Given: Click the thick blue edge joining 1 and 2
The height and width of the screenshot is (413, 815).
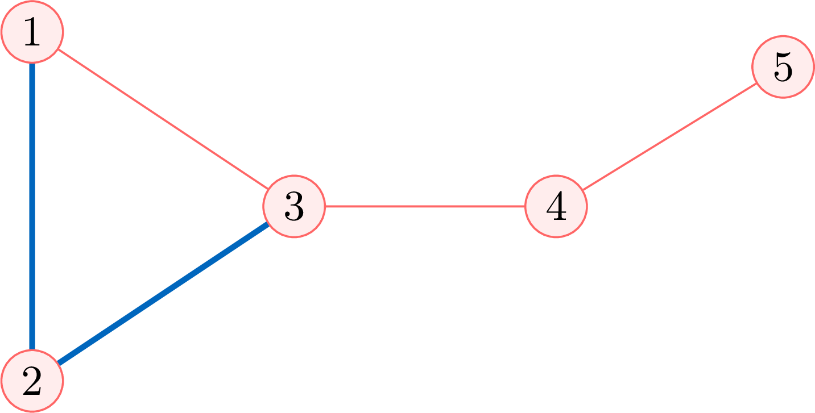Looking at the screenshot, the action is (32, 207).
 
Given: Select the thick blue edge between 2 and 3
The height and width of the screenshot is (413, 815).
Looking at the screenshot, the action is (163, 294).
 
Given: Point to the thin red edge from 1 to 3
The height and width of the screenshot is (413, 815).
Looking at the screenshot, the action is (163, 119).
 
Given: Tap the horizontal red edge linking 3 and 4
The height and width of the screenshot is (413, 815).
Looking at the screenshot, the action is (425, 207).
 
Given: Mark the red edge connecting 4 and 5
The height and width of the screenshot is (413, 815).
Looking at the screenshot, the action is (669, 137).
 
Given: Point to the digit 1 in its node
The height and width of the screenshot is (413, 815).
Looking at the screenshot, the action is (32, 32).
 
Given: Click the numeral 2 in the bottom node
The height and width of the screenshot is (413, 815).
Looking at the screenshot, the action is (32, 381).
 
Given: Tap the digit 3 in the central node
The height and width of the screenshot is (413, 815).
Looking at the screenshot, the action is (294, 206).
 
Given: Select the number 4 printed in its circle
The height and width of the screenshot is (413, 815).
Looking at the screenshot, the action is (556, 206).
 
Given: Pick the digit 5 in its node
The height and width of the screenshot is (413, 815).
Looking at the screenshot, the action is (783, 66).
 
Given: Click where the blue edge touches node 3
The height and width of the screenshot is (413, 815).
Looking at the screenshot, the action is (268, 224).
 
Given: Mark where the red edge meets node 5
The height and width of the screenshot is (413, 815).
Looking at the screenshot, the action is (756, 84).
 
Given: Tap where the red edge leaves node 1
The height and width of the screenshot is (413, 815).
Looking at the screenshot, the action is (59, 49).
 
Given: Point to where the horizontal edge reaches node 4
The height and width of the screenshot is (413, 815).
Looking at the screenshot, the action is (524, 207).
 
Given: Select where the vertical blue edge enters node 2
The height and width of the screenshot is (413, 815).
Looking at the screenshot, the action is (32, 350).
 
